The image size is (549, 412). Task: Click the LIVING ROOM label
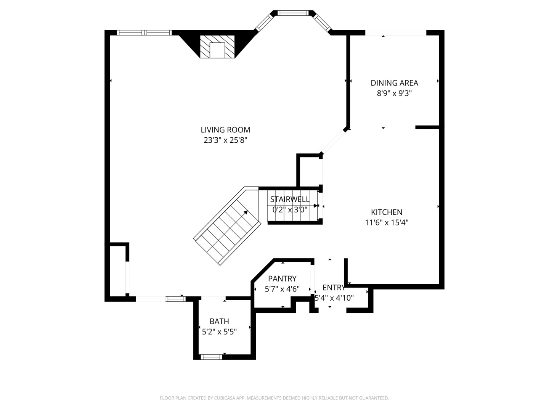pyautogui.click(x=225, y=130)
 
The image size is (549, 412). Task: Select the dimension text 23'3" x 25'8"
pyautogui.click(x=225, y=140)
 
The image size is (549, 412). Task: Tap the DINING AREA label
pyautogui.click(x=394, y=83)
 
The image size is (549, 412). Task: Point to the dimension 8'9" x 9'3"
pyautogui.click(x=394, y=93)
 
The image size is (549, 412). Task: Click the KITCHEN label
pyautogui.click(x=387, y=212)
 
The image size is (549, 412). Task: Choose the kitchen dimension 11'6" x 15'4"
pyautogui.click(x=387, y=222)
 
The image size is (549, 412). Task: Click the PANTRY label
pyautogui.click(x=282, y=278)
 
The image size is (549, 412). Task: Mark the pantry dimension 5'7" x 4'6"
pyautogui.click(x=282, y=289)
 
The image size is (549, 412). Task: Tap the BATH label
pyautogui.click(x=219, y=321)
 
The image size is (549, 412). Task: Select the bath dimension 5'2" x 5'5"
pyautogui.click(x=219, y=332)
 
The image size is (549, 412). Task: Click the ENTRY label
pyautogui.click(x=334, y=288)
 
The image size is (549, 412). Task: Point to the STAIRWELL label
pyautogui.click(x=290, y=199)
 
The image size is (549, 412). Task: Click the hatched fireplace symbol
pyautogui.click(x=217, y=47)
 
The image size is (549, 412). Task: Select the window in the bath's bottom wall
pyautogui.click(x=211, y=357)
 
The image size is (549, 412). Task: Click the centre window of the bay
pyautogui.click(x=292, y=13)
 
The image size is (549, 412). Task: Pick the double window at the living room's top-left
pyautogui.click(x=144, y=32)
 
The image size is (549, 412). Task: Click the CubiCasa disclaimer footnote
pyautogui.click(x=274, y=398)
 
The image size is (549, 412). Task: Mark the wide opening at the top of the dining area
pyautogui.click(x=395, y=33)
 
